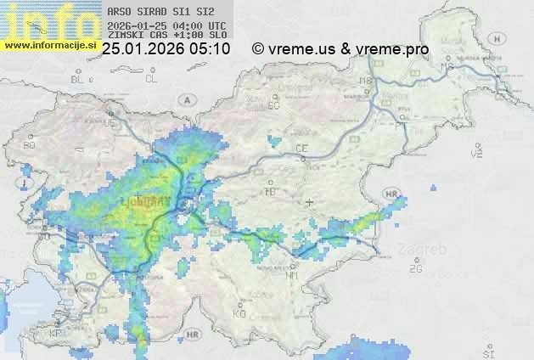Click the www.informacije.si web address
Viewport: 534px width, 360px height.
[x=49, y=44]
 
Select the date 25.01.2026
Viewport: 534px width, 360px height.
[x=144, y=49]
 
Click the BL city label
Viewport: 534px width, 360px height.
[x=78, y=79]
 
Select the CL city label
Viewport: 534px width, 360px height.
[x=151, y=79]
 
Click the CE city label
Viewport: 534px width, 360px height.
[x=301, y=149]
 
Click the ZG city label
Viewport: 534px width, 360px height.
[x=415, y=269]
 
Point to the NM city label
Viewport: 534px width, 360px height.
[x=293, y=276]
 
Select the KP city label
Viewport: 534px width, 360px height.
[x=56, y=333]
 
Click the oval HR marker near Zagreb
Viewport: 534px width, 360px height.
[x=391, y=194]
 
